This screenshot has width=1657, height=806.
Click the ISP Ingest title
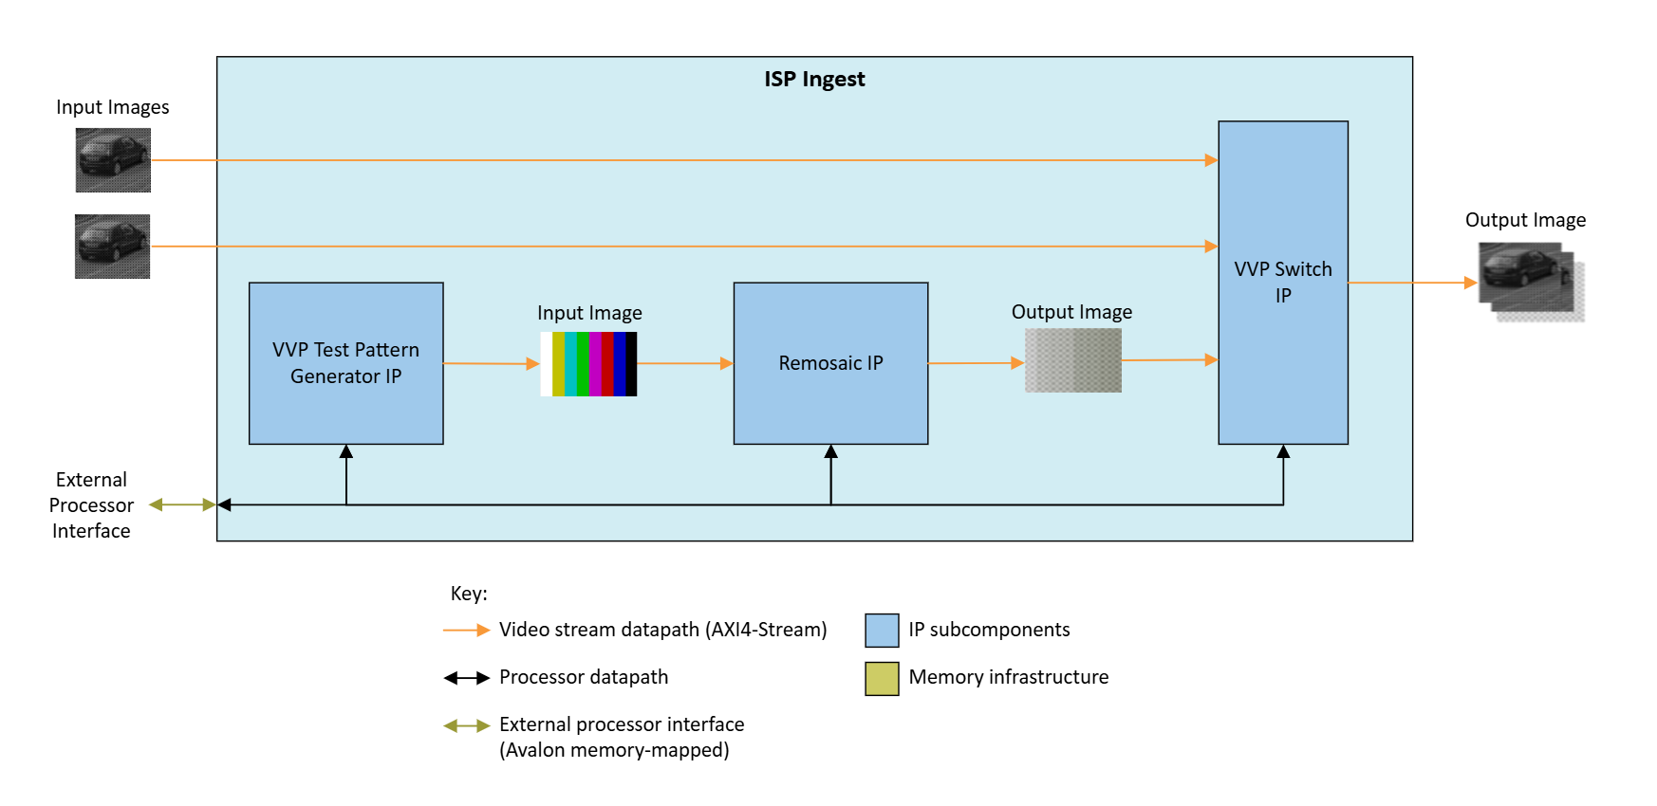tap(814, 80)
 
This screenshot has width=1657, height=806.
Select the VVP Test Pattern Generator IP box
tap(345, 363)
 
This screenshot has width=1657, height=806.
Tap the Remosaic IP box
tap(830, 363)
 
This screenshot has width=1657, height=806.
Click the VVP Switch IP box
tap(1282, 283)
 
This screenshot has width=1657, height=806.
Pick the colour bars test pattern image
tap(588, 363)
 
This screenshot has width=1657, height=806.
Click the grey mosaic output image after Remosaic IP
tap(1072, 360)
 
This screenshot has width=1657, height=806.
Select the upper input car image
tap(113, 160)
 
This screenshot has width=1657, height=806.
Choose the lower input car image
tap(112, 247)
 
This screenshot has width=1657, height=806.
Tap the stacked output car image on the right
tap(1530, 282)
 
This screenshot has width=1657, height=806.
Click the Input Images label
tap(112, 107)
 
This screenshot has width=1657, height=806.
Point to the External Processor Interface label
tap(91, 505)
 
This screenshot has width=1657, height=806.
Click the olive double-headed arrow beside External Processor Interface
tap(182, 505)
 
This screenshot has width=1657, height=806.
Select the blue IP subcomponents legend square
tap(882, 631)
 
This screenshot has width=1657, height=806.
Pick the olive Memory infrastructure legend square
tap(882, 679)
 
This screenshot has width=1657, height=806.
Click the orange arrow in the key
tap(466, 631)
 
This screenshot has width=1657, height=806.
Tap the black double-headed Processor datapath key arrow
tap(466, 678)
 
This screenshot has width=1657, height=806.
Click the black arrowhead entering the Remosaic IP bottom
tap(830, 452)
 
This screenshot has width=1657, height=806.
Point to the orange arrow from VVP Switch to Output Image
tap(1412, 283)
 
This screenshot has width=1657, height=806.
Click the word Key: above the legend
tap(469, 594)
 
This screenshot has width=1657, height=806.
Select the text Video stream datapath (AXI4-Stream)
tap(662, 630)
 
